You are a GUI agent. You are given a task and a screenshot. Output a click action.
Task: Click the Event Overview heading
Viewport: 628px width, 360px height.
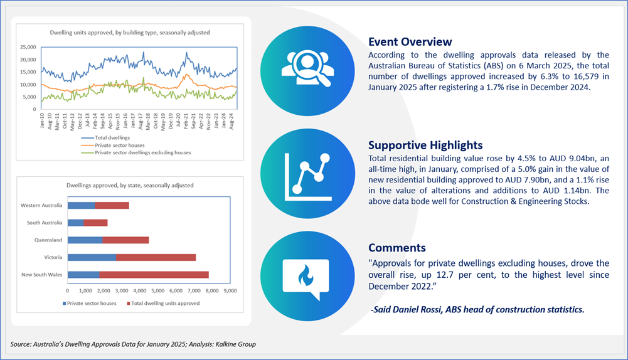[410, 41]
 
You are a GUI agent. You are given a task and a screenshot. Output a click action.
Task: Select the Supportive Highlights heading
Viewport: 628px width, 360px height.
[425, 145]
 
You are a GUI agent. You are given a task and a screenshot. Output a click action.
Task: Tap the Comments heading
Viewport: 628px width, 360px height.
[397, 248]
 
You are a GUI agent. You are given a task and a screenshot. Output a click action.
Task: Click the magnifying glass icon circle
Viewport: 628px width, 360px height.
[307, 70]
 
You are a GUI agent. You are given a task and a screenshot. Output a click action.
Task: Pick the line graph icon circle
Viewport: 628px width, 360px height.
[307, 173]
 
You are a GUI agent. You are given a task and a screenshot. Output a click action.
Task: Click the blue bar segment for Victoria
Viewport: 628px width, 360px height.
[92, 257]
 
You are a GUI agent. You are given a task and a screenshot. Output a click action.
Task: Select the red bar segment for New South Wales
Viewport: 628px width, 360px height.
[154, 275]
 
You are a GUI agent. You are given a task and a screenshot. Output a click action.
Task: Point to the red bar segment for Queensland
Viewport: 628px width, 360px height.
[125, 240]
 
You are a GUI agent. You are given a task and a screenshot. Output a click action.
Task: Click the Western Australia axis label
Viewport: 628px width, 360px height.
[41, 206]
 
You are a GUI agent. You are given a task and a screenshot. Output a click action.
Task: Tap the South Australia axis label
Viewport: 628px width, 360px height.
[45, 223]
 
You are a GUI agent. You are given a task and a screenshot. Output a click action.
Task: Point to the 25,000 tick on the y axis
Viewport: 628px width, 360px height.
[28, 47]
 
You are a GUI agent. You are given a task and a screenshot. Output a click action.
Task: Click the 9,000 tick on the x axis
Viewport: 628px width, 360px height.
[230, 291]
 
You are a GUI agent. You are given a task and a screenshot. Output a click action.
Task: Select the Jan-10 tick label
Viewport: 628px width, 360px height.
[42, 120]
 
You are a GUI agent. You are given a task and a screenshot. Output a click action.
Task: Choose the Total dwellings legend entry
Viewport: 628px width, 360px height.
[106, 138]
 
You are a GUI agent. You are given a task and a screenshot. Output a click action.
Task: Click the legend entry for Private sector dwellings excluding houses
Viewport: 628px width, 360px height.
[136, 152]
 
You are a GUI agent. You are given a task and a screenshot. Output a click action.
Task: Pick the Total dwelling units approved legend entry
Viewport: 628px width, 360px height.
[163, 304]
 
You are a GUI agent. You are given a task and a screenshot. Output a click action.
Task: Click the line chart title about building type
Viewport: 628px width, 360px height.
[130, 33]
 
